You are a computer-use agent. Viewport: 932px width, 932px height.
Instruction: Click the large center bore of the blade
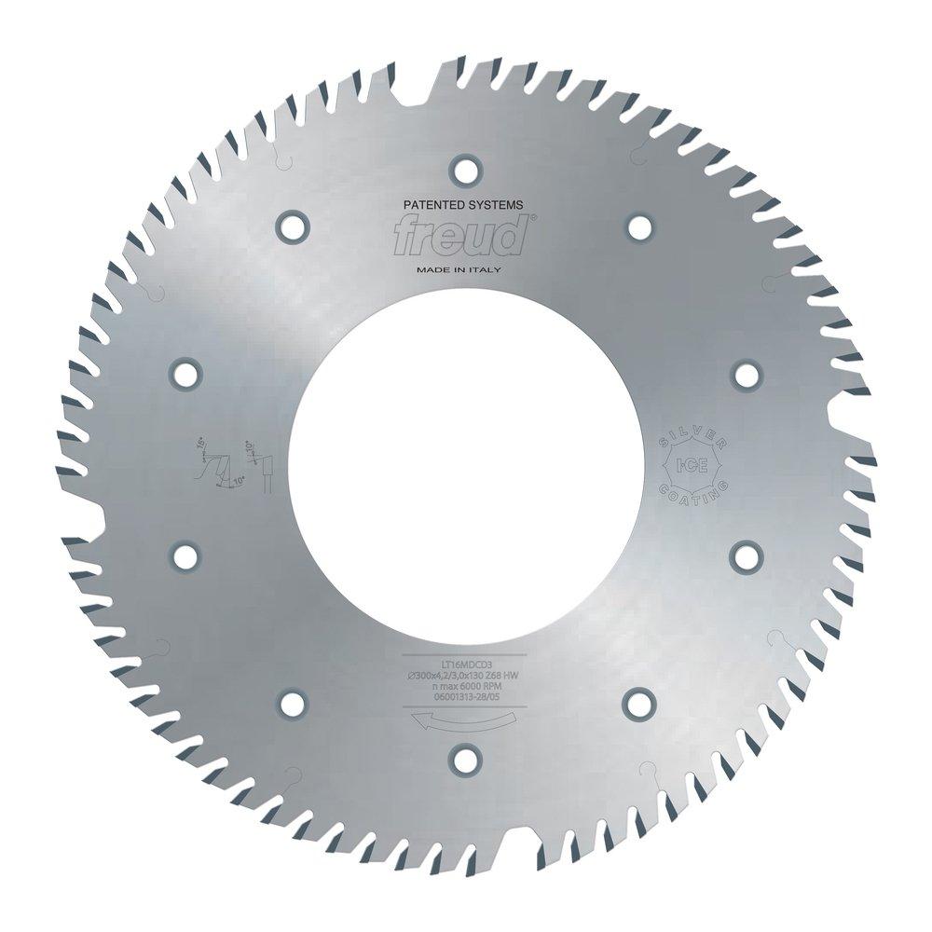coord(465,465)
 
